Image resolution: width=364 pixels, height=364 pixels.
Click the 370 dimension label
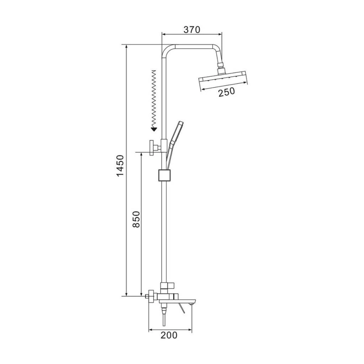point(192,29)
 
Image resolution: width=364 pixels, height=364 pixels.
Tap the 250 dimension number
point(226,92)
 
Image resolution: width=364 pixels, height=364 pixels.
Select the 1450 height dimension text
point(120,166)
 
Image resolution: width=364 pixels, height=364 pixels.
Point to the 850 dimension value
point(136,219)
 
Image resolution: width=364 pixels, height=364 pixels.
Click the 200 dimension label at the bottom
point(169,335)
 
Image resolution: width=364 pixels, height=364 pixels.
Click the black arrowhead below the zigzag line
point(154,129)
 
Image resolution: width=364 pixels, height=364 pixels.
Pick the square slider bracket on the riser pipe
point(165,176)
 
